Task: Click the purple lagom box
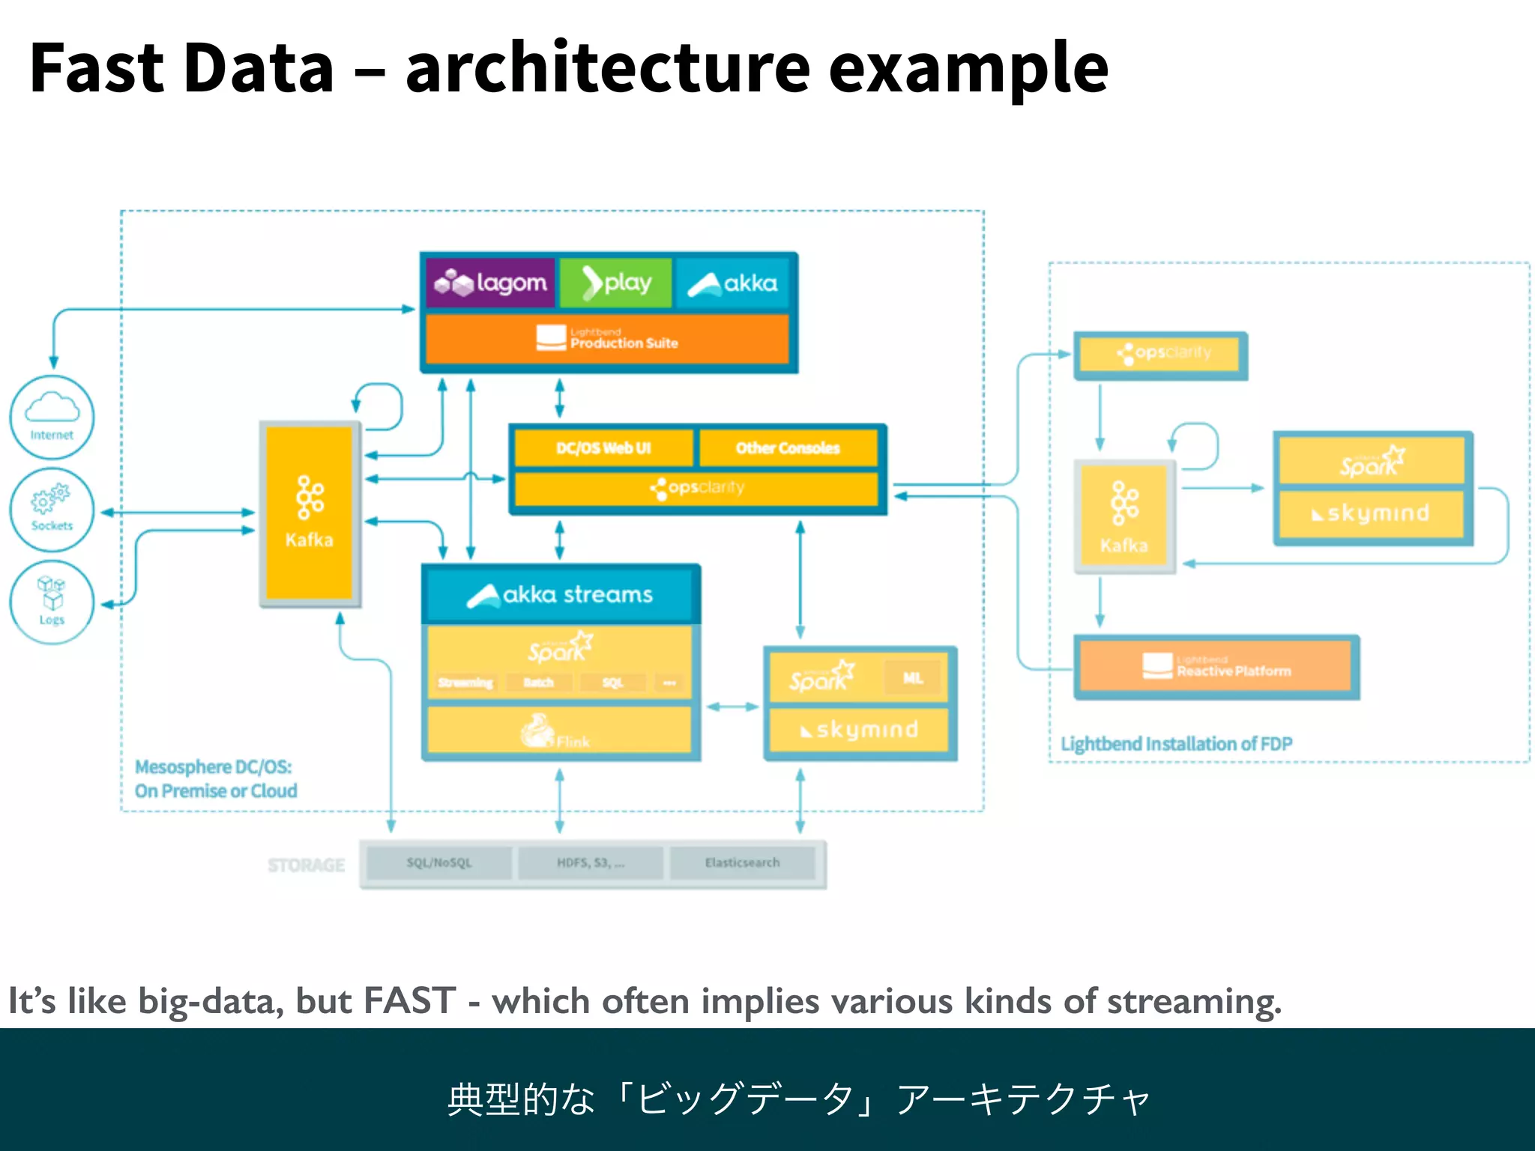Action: [491, 283]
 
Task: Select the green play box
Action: [616, 283]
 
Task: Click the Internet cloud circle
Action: [52, 417]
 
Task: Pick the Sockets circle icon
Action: [52, 510]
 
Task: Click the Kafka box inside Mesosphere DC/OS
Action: [310, 513]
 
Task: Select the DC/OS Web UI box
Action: [603, 448]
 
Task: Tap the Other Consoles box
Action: [788, 448]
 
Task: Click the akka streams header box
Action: [560, 595]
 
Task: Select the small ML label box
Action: [912, 678]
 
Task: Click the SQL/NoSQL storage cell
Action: [439, 863]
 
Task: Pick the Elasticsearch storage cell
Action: [742, 863]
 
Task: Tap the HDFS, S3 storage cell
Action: [591, 863]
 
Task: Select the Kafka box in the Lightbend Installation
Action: [1124, 516]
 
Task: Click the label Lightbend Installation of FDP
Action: [1176, 744]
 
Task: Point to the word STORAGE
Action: [306, 865]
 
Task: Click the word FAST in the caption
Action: [409, 1001]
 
